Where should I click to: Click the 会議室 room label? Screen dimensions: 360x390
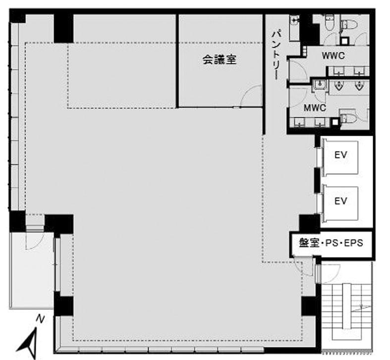(219, 60)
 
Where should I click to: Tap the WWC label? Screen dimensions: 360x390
(333, 55)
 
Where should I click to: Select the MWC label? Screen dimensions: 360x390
(314, 108)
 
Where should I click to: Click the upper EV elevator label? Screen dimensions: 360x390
(340, 155)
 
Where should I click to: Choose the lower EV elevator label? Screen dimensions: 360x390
(340, 201)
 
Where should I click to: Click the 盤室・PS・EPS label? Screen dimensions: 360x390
(331, 243)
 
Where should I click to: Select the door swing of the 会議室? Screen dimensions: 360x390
(252, 96)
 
